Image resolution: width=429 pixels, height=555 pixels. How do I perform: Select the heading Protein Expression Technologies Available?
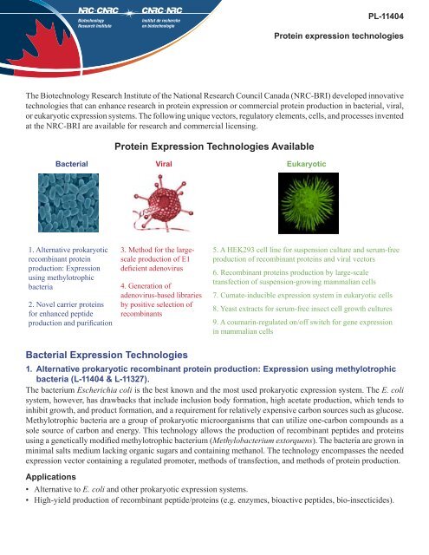[x=214, y=147]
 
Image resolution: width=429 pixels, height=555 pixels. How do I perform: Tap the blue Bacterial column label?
[x=70, y=163]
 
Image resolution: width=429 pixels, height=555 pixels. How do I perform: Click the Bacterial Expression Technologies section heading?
[x=118, y=355]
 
